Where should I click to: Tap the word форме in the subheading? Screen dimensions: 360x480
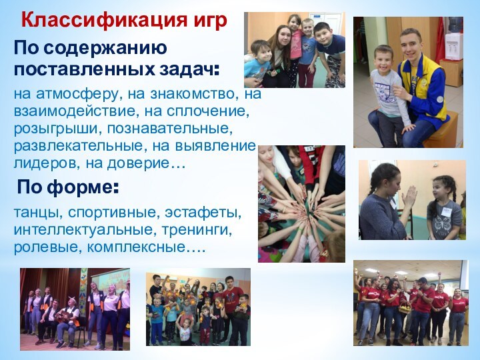point(86,188)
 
